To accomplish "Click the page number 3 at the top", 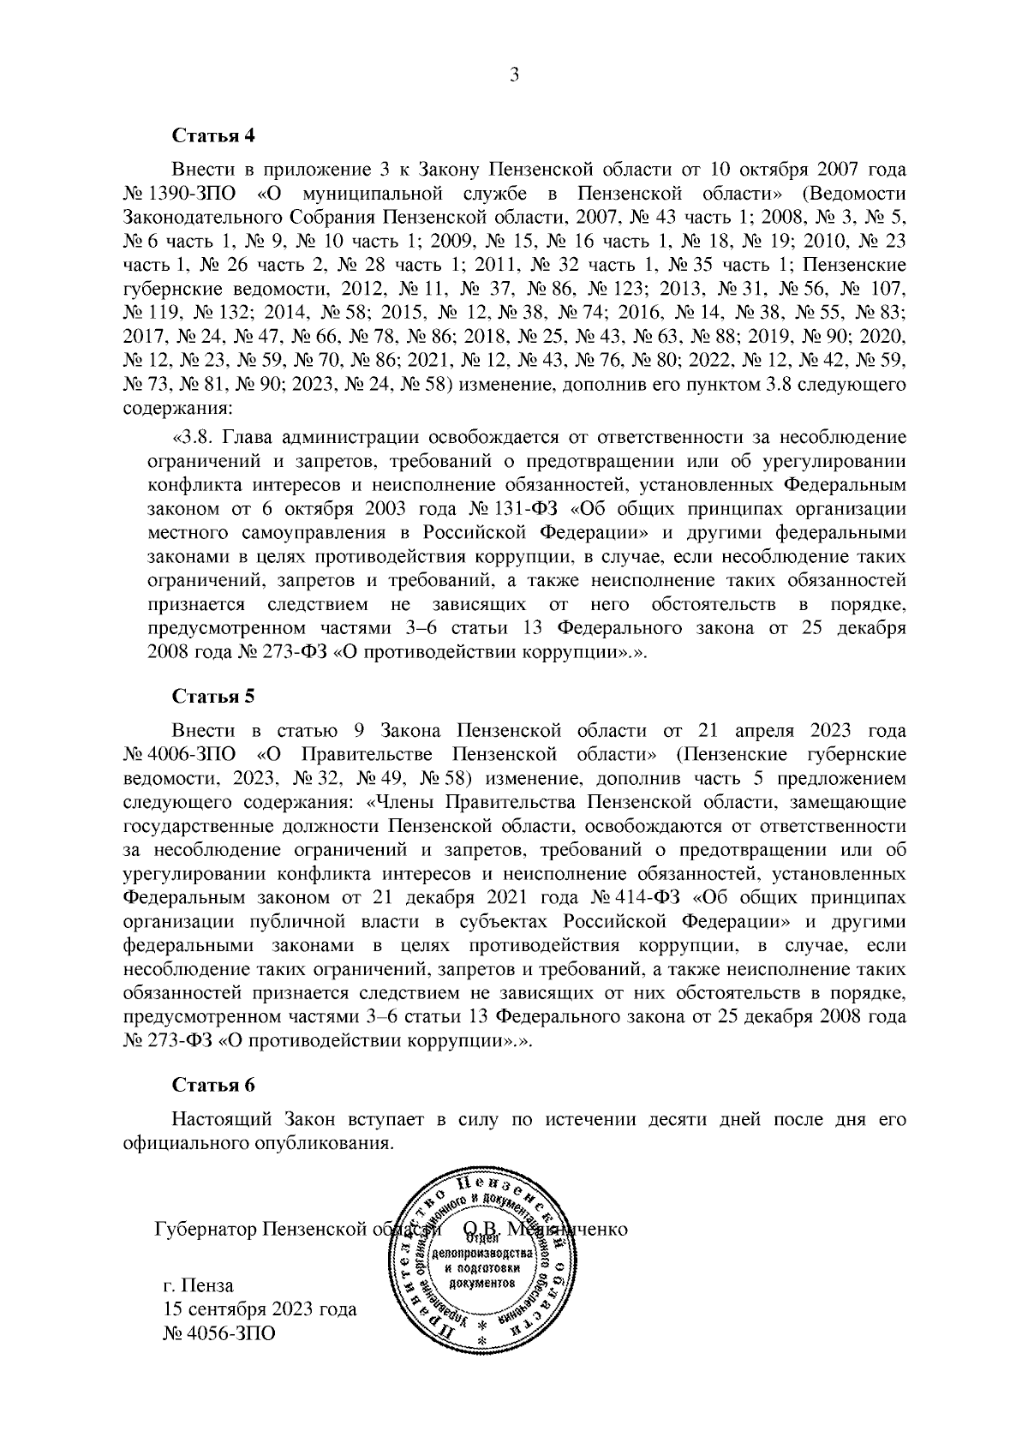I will click(514, 76).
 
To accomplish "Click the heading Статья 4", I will click(214, 135).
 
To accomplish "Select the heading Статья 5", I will click(214, 696).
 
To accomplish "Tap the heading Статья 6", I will click(214, 1085).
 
